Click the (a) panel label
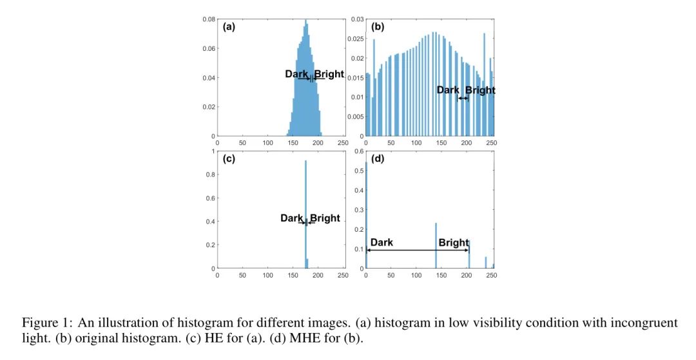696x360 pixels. (229, 28)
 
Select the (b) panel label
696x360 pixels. (378, 28)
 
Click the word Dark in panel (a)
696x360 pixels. (296, 74)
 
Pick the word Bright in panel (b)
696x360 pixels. (480, 90)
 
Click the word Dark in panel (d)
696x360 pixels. (382, 243)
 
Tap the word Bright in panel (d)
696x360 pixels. (454, 243)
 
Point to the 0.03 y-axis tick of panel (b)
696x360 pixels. (356, 19)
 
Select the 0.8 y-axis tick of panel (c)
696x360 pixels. (210, 175)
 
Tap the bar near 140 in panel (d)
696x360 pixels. (436, 245)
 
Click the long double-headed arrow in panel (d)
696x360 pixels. (418, 249)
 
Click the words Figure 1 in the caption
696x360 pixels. (39, 322)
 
